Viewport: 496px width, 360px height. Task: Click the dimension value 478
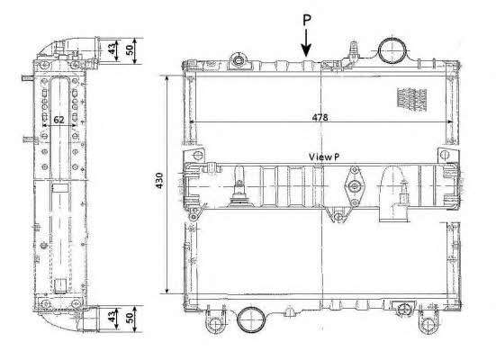[320, 117]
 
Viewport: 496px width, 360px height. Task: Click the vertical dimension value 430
[159, 181]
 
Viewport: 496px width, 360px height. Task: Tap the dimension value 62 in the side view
[59, 120]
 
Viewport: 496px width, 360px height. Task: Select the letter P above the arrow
[307, 20]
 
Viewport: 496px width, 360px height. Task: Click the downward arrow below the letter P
[306, 43]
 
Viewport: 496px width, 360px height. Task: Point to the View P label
[324, 157]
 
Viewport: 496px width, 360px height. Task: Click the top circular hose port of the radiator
[392, 50]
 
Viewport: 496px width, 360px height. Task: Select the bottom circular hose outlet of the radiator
[251, 319]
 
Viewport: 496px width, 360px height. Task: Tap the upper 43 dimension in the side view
[112, 49]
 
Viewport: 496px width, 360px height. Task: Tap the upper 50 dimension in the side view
[130, 50]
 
